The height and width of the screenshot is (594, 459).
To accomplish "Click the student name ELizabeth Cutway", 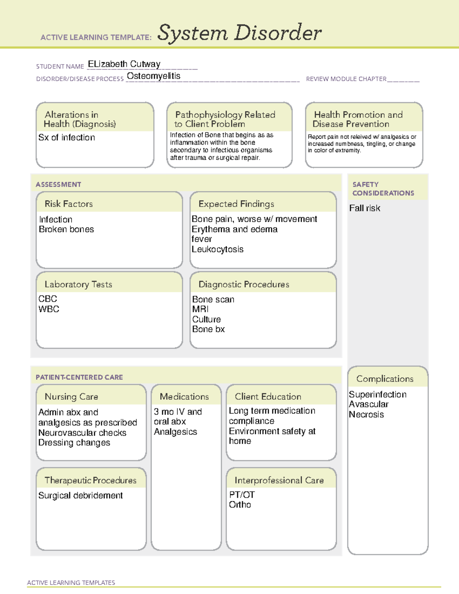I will [x=124, y=64].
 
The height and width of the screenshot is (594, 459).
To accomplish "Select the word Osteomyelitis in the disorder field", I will [x=153, y=76].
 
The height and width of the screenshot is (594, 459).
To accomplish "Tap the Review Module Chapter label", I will [x=346, y=79].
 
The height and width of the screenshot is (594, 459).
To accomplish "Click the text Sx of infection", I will [x=67, y=138].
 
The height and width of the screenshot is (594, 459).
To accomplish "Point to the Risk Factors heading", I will [x=68, y=204].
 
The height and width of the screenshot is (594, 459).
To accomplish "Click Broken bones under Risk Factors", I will [x=66, y=229].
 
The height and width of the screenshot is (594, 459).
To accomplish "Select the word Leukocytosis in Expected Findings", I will [x=217, y=249].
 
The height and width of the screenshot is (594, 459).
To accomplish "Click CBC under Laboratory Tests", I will [x=47, y=299].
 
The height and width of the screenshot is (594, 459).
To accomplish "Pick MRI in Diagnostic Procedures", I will [x=200, y=309].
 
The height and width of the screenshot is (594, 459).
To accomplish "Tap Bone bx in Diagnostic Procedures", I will [x=208, y=329].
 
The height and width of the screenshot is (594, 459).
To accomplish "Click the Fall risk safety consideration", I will [x=365, y=208].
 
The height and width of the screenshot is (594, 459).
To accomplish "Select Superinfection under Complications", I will [x=378, y=395].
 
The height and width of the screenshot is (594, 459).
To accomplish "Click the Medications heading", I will [x=184, y=397].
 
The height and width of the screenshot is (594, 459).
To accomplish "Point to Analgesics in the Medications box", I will [x=175, y=432].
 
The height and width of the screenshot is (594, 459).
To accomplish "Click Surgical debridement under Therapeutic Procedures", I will [x=80, y=496].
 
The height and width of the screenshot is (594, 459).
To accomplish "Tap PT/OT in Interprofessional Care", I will [x=242, y=495].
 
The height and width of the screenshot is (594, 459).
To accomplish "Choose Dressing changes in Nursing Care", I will [x=74, y=443].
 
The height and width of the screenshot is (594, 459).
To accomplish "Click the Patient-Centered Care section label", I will [x=79, y=378].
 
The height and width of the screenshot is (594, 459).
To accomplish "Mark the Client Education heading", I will [x=268, y=397].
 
